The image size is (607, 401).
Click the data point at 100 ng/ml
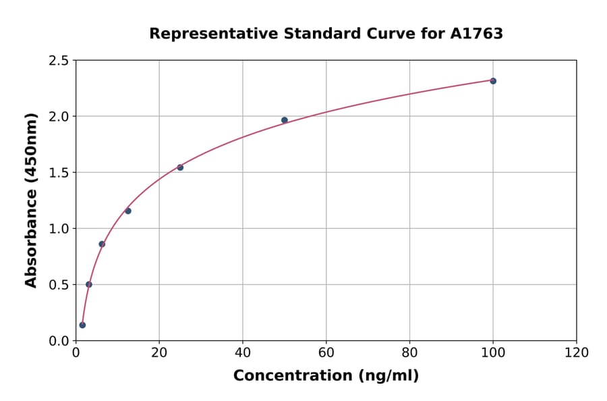493,81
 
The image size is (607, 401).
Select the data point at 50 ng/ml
285,120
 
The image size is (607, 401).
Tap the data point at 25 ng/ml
180,167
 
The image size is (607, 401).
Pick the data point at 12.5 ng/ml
128,211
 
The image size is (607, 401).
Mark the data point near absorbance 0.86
102,244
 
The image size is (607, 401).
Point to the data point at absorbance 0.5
89,284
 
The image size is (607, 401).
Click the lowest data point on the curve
82,325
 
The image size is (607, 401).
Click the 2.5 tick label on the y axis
59,61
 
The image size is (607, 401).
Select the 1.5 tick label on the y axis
59,173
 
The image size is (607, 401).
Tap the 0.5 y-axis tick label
59,285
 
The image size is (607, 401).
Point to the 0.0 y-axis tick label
59,341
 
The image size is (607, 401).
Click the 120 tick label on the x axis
577,353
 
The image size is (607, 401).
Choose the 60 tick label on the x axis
326,353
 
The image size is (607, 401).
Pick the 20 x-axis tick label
159,353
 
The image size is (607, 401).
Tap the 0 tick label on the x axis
76,353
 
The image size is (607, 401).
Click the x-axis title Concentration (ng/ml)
326,376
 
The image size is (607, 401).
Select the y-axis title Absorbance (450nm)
31,200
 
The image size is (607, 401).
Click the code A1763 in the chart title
476,34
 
